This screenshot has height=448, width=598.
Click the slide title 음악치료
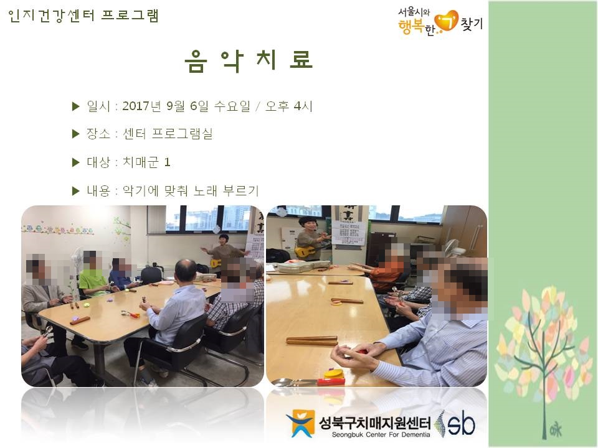point(249,61)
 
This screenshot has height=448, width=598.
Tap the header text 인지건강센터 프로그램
point(83,16)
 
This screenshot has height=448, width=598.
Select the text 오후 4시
point(288,106)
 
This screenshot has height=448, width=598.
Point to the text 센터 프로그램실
point(168,134)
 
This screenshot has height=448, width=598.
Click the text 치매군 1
point(146,162)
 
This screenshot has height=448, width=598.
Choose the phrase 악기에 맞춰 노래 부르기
point(191,190)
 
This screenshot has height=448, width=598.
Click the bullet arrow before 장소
point(75,134)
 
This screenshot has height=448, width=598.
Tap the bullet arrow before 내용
point(75,190)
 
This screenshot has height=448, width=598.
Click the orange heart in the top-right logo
point(446,21)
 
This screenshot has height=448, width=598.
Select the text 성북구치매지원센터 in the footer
point(374,422)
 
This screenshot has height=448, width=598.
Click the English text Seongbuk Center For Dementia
point(381,435)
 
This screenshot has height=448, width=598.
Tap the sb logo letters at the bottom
point(462,424)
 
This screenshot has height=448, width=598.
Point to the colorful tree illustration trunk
point(544,381)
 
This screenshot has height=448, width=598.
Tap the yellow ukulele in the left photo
point(216,263)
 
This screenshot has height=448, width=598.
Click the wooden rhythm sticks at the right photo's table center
point(311,340)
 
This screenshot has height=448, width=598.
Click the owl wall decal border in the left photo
point(57,230)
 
